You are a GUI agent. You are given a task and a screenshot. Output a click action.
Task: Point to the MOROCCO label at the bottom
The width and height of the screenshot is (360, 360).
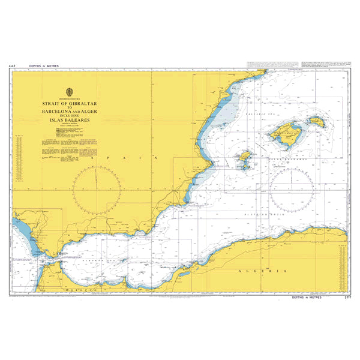(89, 289)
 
